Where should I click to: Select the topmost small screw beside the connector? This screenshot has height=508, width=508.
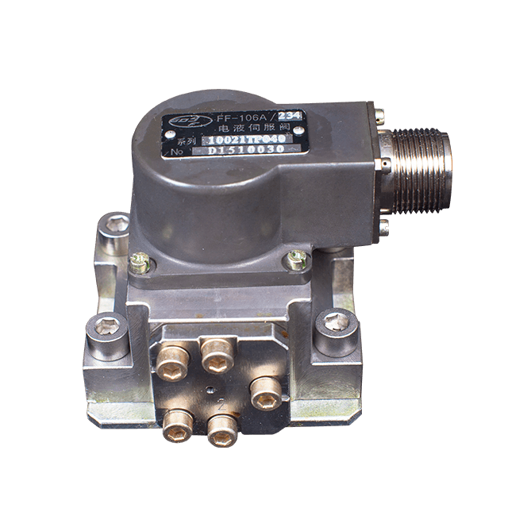pos(380,117)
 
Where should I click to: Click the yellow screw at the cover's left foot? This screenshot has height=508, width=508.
pos(140,262)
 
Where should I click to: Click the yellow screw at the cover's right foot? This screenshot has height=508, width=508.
pos(298,259)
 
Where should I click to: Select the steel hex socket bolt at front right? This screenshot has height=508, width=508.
pos(334,322)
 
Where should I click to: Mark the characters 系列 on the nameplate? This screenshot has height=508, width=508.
pos(184,141)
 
